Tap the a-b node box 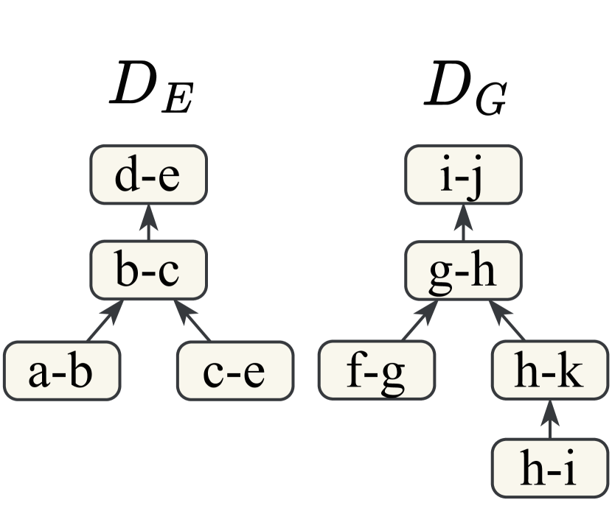pos(62,370)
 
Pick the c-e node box pos(234,370)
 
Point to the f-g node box pos(377,370)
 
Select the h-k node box pos(550,370)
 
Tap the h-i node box pos(550,468)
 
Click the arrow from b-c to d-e pos(148,223)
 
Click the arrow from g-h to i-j pos(463,223)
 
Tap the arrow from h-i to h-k pos(550,419)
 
